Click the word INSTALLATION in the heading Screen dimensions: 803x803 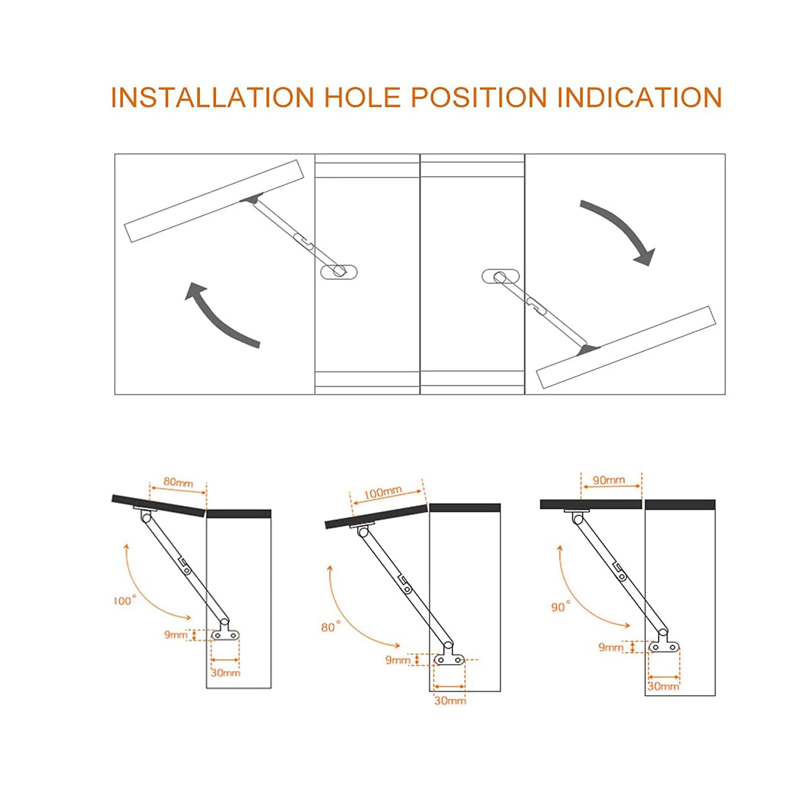[212, 97]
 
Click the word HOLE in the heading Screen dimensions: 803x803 [362, 97]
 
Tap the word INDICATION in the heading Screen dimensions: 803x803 [639, 97]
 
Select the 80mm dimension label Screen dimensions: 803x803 [178, 482]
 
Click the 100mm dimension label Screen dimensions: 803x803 [383, 492]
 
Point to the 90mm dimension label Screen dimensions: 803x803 [609, 480]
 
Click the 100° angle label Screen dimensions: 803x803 [124, 600]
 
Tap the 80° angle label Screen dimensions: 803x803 [331, 627]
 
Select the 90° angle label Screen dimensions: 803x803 [561, 607]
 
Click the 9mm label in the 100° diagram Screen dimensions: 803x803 [176, 635]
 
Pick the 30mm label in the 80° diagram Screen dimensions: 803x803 [450, 701]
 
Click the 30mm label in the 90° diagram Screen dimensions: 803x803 [663, 686]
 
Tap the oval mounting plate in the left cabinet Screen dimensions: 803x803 [339, 272]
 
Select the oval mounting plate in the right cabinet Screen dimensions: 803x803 [500, 276]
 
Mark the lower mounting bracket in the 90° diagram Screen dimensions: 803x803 [663, 645]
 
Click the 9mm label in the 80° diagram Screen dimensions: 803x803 [397, 660]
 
